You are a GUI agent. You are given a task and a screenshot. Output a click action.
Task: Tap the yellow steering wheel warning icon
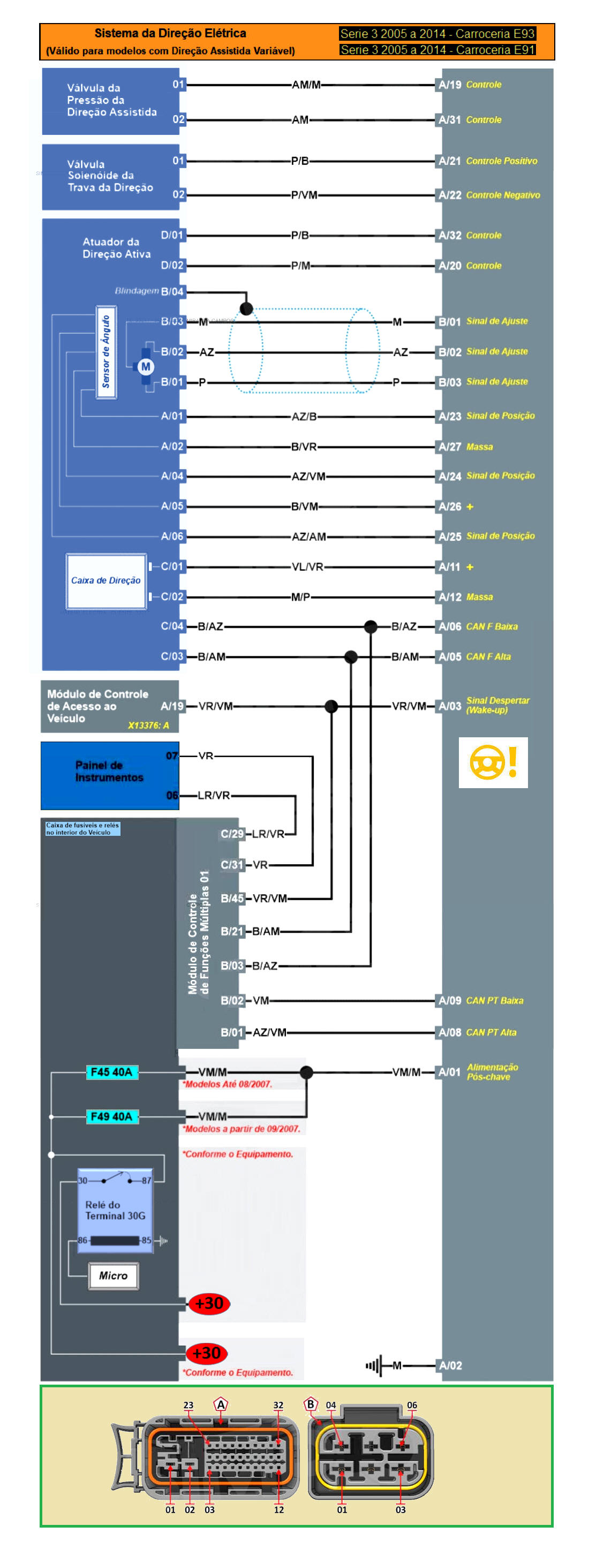(493, 762)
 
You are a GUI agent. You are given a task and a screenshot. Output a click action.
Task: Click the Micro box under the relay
(113, 1275)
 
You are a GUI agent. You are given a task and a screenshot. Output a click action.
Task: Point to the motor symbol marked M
(145, 366)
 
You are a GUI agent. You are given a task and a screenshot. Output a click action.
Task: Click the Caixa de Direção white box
(105, 580)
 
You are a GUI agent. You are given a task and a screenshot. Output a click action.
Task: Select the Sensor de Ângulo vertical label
(106, 352)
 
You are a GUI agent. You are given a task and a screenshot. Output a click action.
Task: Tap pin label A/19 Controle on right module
(470, 85)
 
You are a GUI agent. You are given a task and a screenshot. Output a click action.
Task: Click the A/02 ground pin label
(450, 1365)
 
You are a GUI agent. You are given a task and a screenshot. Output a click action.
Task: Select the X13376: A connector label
(148, 725)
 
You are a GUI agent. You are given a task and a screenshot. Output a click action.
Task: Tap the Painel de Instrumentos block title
(109, 771)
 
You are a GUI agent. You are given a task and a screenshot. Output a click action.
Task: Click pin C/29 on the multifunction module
(231, 834)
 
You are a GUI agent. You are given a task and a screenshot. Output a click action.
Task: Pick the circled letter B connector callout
(310, 1403)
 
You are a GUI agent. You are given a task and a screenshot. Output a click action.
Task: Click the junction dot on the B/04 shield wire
(246, 308)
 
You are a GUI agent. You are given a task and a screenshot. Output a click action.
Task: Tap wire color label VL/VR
(307, 566)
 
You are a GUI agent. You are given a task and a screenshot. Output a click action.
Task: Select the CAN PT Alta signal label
(491, 1032)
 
